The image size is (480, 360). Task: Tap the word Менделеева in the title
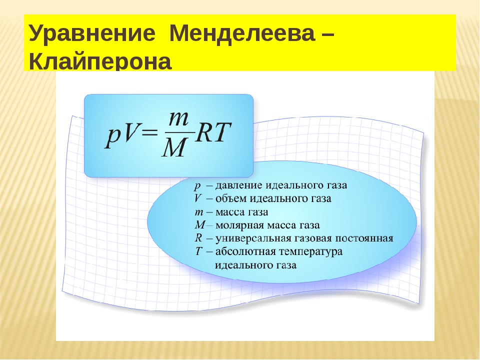click(242, 33)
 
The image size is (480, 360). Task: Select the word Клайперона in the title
click(100, 61)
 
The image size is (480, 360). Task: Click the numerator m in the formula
click(178, 119)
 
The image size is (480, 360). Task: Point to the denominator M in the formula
click(174, 146)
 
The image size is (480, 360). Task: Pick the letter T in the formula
click(221, 132)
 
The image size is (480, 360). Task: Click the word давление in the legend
click(239, 185)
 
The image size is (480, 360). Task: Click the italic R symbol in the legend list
click(198, 238)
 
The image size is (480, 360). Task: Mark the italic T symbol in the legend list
click(198, 251)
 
